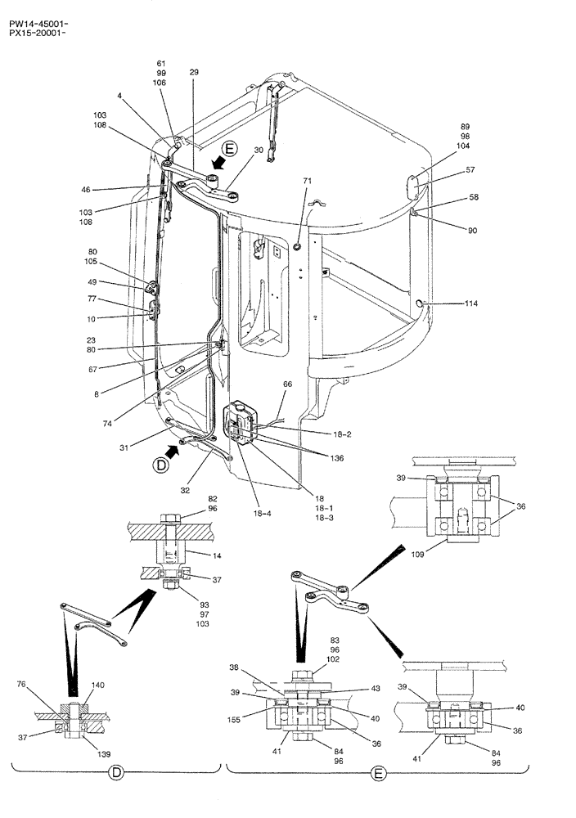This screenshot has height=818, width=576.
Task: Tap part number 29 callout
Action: [193, 73]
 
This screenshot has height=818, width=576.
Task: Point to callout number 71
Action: [308, 180]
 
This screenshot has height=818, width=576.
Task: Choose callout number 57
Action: [471, 170]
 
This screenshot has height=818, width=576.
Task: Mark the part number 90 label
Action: [472, 231]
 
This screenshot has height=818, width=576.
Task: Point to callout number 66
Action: [287, 384]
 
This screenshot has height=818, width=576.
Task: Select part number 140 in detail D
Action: [97, 685]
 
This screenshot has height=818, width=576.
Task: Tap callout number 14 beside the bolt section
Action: [217, 555]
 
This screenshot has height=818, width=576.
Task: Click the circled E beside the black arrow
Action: [230, 149]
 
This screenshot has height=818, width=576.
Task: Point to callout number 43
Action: [376, 689]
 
